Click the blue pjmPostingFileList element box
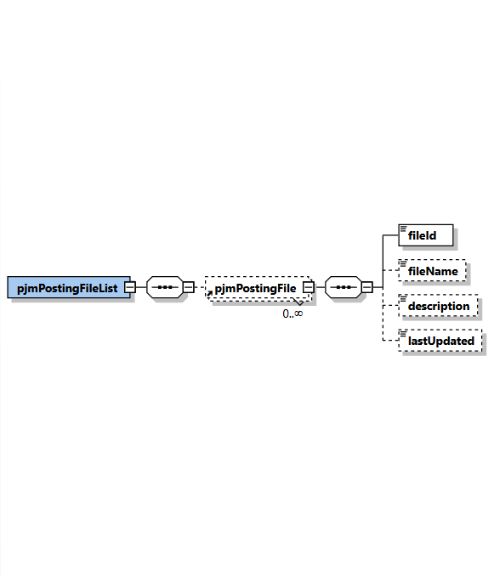pos(68,287)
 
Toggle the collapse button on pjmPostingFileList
pos(129,287)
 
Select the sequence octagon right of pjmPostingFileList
pos(164,287)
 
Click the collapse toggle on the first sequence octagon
pos(189,287)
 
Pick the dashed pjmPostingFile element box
pos(255,288)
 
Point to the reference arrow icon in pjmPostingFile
pos(209,292)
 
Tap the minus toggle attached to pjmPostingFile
pos(308,287)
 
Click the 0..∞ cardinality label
pos(292,313)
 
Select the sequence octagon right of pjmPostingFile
pos(343,287)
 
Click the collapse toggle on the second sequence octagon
pos(367,287)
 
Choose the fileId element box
pos(426,235)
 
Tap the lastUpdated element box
pos(440,341)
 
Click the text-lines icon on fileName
pos(403,263)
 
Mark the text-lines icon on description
pos(403,298)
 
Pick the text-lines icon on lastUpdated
pos(403,333)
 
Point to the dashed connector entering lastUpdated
pos(390,341)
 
